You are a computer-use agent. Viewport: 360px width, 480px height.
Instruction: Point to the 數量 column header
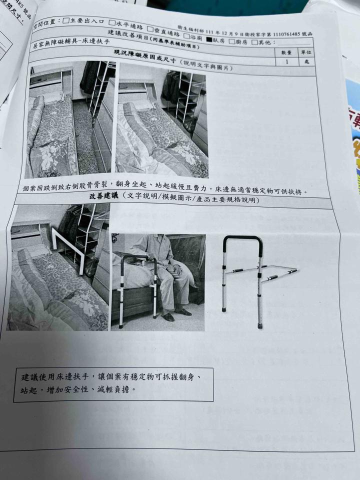tap(286, 53)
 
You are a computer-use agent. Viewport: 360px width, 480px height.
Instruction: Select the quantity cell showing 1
tap(286, 61)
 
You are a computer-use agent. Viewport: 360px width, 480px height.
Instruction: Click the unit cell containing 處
tap(306, 62)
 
